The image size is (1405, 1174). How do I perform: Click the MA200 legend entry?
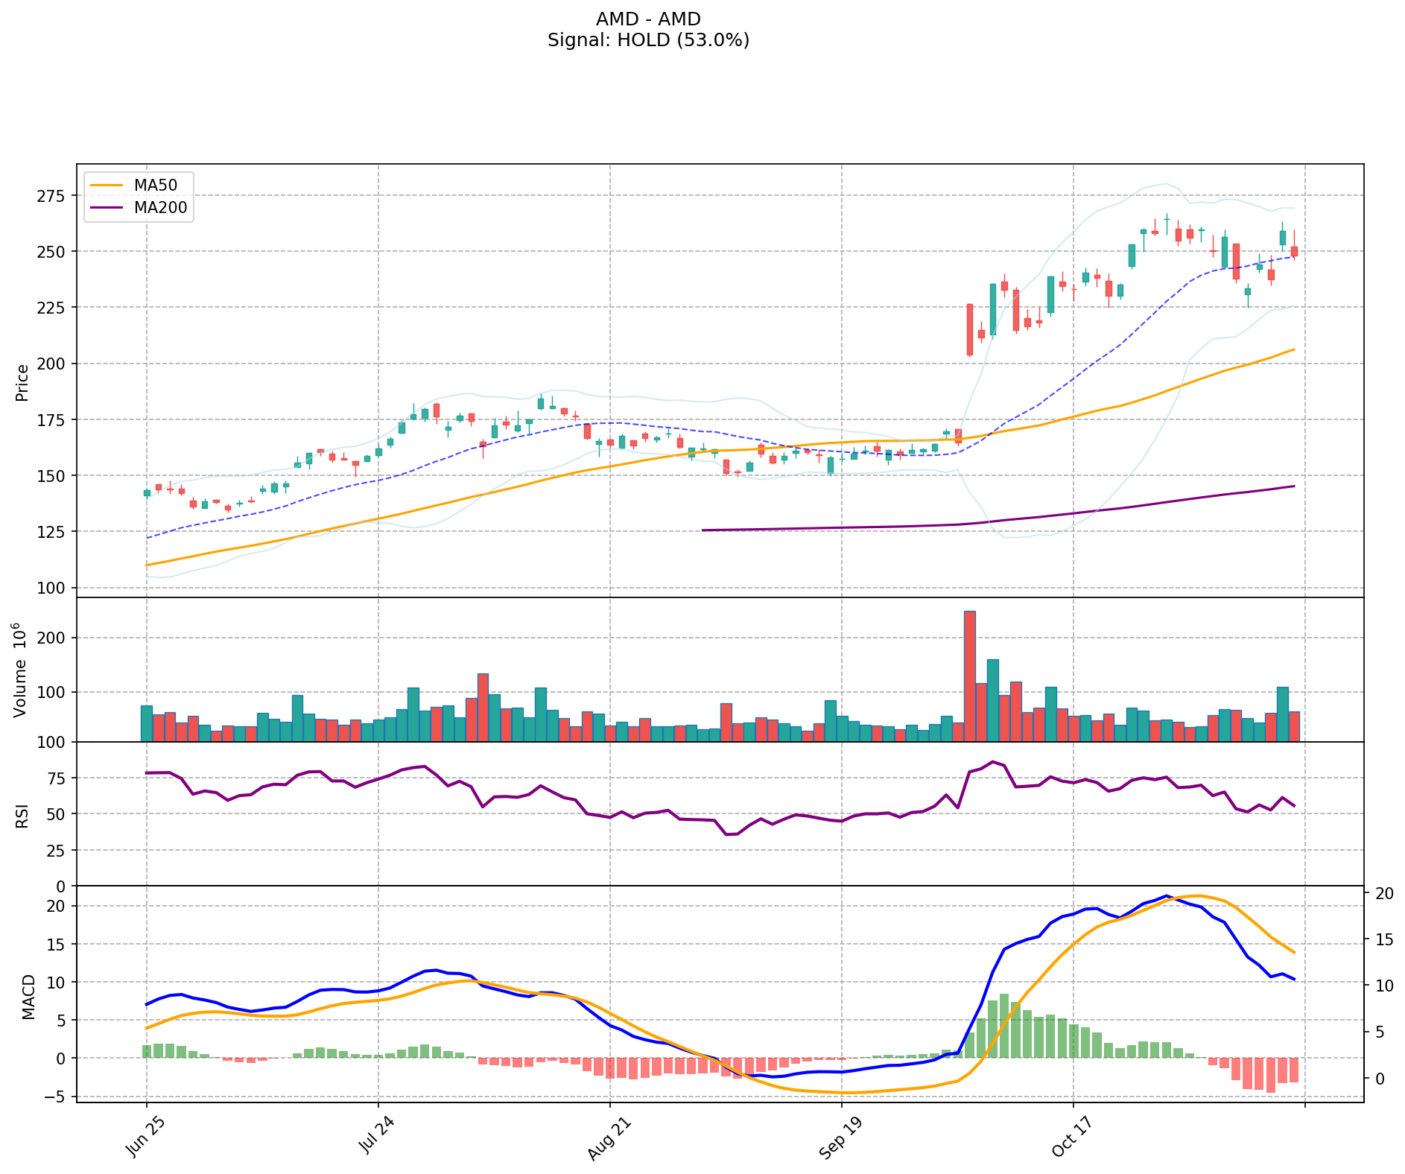click(x=159, y=208)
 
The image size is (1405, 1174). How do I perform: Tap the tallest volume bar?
click(x=969, y=676)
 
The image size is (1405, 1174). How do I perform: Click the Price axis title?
click(x=22, y=382)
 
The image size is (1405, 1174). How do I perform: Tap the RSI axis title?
click(x=22, y=815)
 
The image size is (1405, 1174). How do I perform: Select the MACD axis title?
click(x=28, y=997)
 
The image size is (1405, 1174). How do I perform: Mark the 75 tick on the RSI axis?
click(x=58, y=778)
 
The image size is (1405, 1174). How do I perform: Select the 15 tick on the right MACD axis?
click(x=1383, y=939)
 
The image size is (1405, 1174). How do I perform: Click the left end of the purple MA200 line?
click(x=702, y=530)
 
